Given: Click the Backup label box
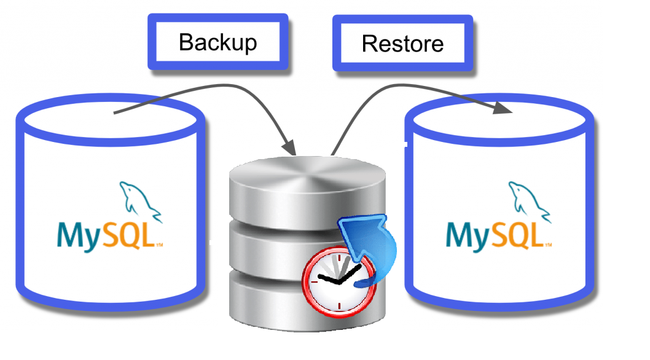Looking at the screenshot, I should (217, 42).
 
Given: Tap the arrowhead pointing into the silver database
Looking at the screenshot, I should (289, 149).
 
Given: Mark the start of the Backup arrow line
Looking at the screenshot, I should (116, 112).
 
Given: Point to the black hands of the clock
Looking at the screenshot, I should (338, 280).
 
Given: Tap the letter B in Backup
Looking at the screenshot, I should (185, 43).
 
